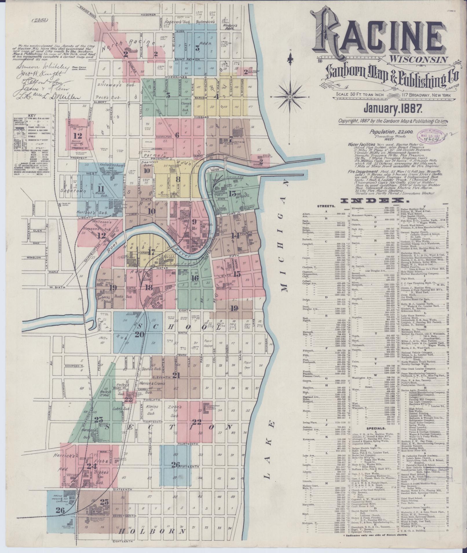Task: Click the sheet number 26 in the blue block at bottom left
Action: (x=60, y=518)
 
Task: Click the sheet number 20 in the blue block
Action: (x=139, y=335)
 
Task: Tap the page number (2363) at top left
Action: (x=41, y=20)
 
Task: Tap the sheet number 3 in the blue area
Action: (x=198, y=48)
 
